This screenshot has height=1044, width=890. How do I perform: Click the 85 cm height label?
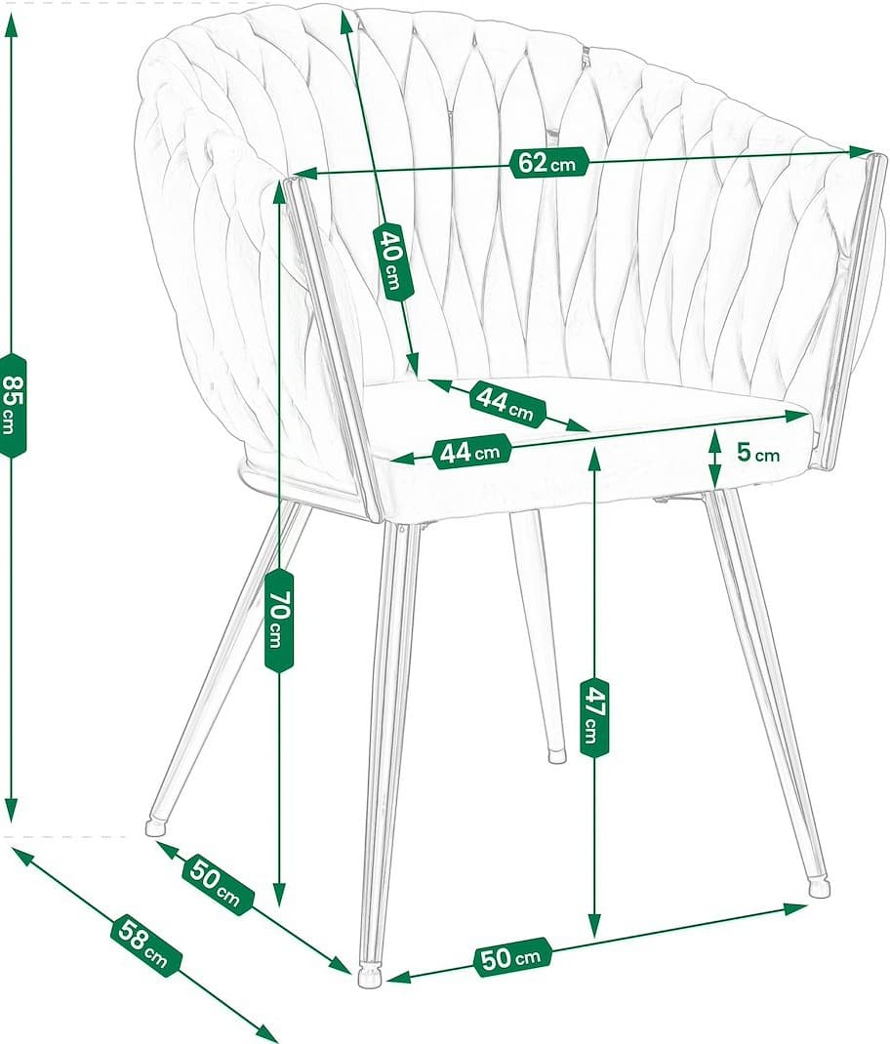click(13, 404)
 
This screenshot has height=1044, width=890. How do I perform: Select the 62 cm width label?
click(547, 163)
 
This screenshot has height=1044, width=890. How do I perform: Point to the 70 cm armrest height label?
click(278, 621)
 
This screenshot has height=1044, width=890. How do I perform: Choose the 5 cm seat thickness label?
click(757, 453)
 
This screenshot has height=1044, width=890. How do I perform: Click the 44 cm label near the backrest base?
click(506, 402)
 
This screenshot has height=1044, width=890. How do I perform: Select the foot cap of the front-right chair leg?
click(820, 888)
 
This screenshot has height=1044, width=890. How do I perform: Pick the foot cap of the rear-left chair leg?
click(155, 827)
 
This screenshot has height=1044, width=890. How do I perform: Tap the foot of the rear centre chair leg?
click(556, 754)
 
